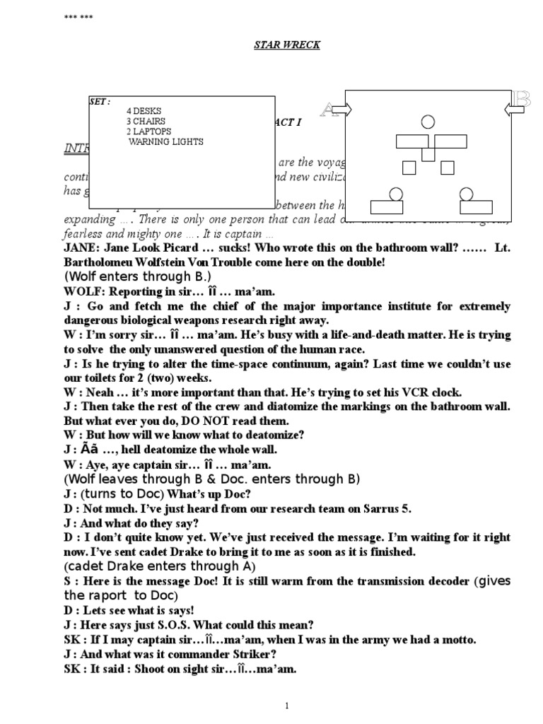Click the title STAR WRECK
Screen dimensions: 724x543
click(x=286, y=45)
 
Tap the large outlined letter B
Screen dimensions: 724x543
click(x=522, y=100)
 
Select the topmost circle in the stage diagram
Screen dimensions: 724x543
click(x=428, y=122)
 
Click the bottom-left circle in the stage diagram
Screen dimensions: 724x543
click(x=396, y=193)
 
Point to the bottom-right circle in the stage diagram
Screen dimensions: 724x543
click(x=465, y=193)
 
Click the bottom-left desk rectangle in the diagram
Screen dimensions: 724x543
click(x=386, y=206)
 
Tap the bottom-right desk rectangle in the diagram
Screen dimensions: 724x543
click(x=476, y=206)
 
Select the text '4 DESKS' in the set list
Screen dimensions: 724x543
click(x=144, y=111)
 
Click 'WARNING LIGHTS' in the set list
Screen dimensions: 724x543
click(x=165, y=141)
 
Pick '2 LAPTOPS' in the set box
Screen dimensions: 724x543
click(x=148, y=132)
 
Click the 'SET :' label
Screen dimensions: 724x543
click(x=100, y=102)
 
